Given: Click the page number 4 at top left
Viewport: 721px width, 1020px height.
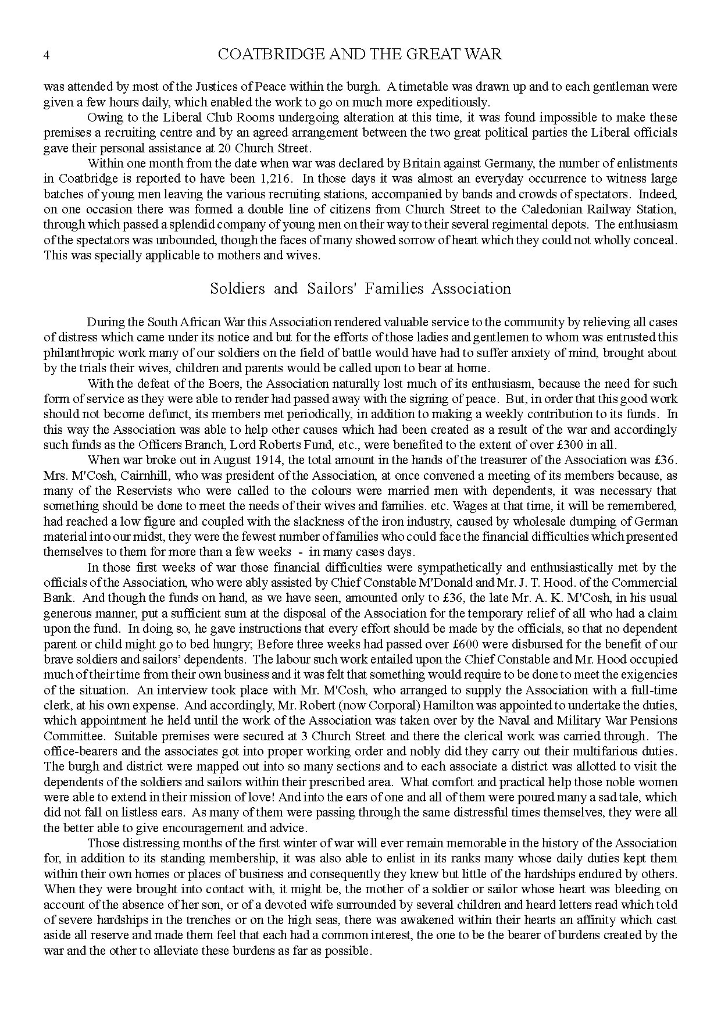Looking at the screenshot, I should click(x=47, y=55).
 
